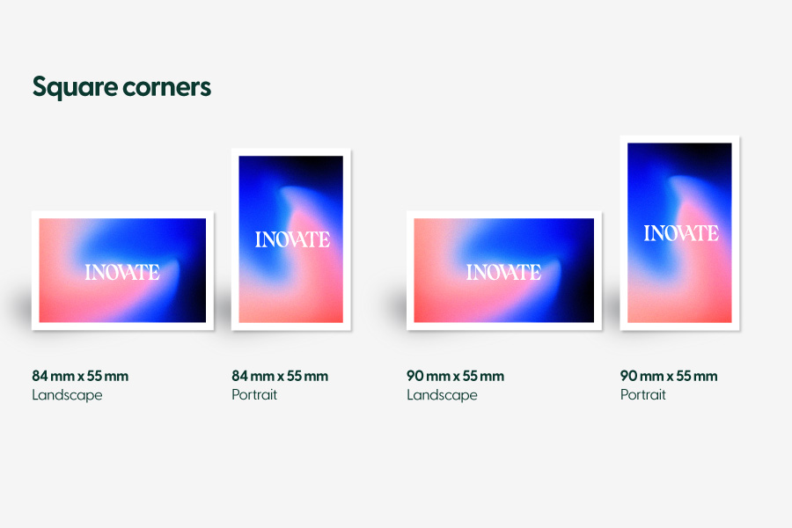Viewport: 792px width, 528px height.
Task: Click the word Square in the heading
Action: (x=75, y=87)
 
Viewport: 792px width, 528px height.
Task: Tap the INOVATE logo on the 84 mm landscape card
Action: (x=122, y=272)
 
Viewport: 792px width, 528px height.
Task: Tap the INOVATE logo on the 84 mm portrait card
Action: (x=292, y=239)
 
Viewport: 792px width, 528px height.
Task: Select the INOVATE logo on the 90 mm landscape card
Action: (x=503, y=272)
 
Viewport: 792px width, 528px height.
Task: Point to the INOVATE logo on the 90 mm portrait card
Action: (x=681, y=233)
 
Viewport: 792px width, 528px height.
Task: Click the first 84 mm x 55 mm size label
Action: (x=80, y=376)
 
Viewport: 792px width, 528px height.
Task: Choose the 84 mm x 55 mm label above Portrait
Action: (x=280, y=376)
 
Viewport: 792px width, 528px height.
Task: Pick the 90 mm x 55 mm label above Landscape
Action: (x=455, y=376)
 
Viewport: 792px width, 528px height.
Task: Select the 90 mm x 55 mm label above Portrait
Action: (x=669, y=376)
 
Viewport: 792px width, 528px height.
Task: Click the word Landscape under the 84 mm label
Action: (x=67, y=395)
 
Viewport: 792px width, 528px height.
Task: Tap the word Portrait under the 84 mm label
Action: (x=254, y=394)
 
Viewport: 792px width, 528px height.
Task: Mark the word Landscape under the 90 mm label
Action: (x=442, y=395)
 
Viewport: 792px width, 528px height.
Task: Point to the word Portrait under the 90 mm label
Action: (x=643, y=394)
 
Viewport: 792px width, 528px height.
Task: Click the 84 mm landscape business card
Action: (x=122, y=271)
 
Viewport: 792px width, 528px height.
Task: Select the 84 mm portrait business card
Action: (x=291, y=239)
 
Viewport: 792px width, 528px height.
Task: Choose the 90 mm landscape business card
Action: (x=504, y=271)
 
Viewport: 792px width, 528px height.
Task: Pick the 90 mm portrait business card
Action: (x=680, y=233)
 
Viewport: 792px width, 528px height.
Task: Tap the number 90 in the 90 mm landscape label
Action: (x=415, y=376)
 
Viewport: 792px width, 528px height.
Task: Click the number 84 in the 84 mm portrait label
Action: (x=240, y=376)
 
